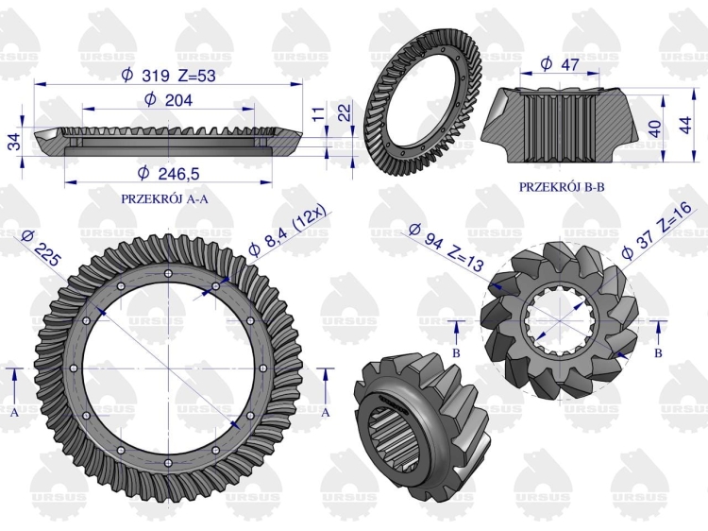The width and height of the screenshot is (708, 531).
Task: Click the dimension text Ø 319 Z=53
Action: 168,76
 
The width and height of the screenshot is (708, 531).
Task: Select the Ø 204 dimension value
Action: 168,99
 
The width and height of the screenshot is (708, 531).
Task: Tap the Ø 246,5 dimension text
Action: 168,173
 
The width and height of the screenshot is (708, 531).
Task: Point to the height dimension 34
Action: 15,142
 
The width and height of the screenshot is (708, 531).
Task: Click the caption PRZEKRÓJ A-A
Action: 165,198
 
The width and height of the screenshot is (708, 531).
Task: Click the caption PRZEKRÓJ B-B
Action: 562,187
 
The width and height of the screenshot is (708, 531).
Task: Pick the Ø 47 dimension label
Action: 560,63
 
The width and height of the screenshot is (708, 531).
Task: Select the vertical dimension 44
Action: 685,125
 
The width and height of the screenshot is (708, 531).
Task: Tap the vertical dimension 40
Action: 655,128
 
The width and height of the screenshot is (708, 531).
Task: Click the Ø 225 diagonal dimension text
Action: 41,248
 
